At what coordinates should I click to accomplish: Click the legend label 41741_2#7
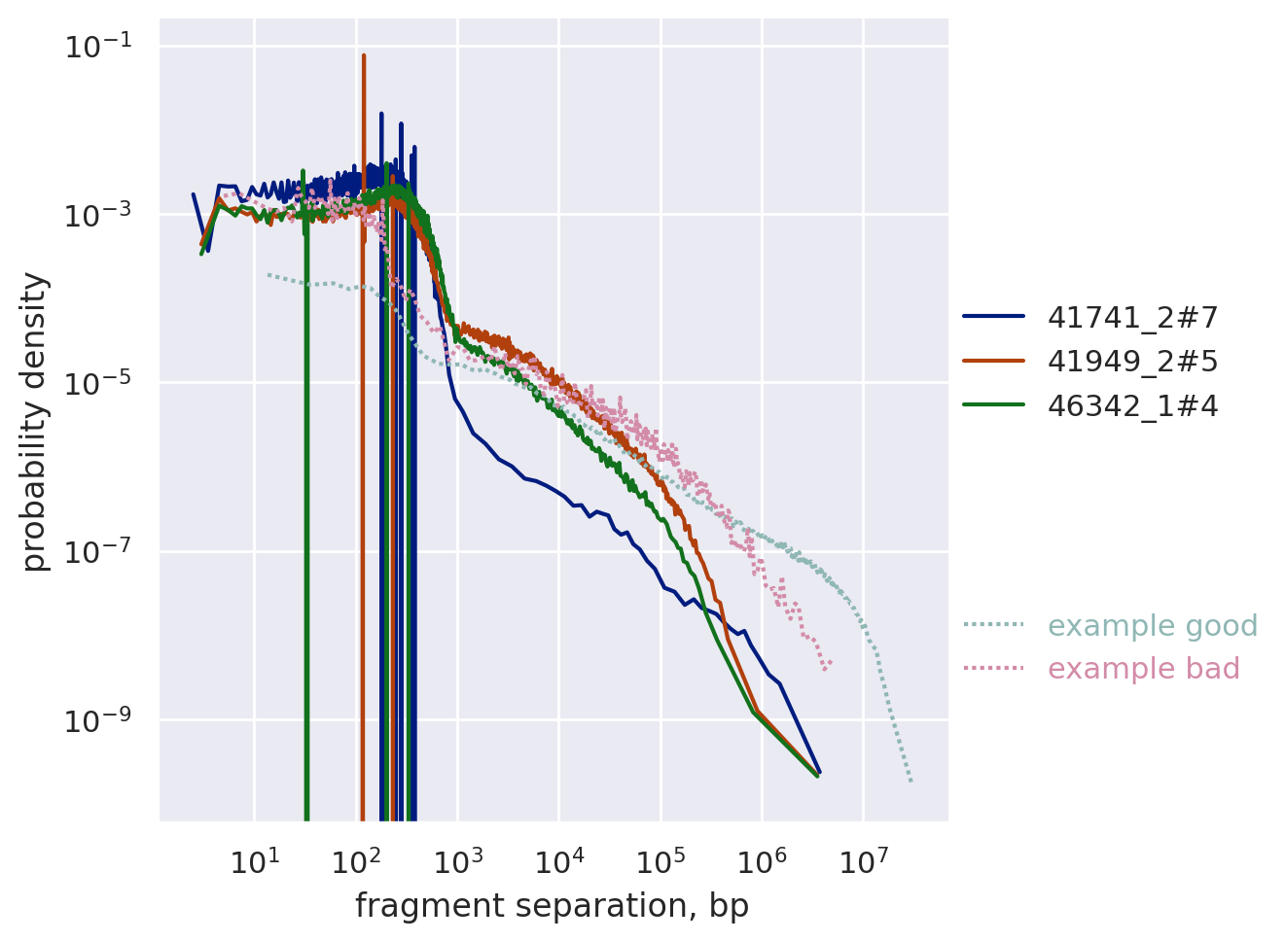[1132, 317]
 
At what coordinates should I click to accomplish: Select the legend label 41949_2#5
[1132, 362]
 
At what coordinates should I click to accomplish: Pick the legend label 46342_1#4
[1132, 406]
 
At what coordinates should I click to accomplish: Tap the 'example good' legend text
[1153, 626]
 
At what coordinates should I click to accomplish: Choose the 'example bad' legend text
[1143, 670]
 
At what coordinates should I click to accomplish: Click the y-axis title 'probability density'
[35, 421]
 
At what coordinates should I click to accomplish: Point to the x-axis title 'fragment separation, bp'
[552, 906]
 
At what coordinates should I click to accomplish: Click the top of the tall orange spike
[364, 56]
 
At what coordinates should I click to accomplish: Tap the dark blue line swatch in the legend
[993, 317]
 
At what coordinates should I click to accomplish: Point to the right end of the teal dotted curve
[911, 781]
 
